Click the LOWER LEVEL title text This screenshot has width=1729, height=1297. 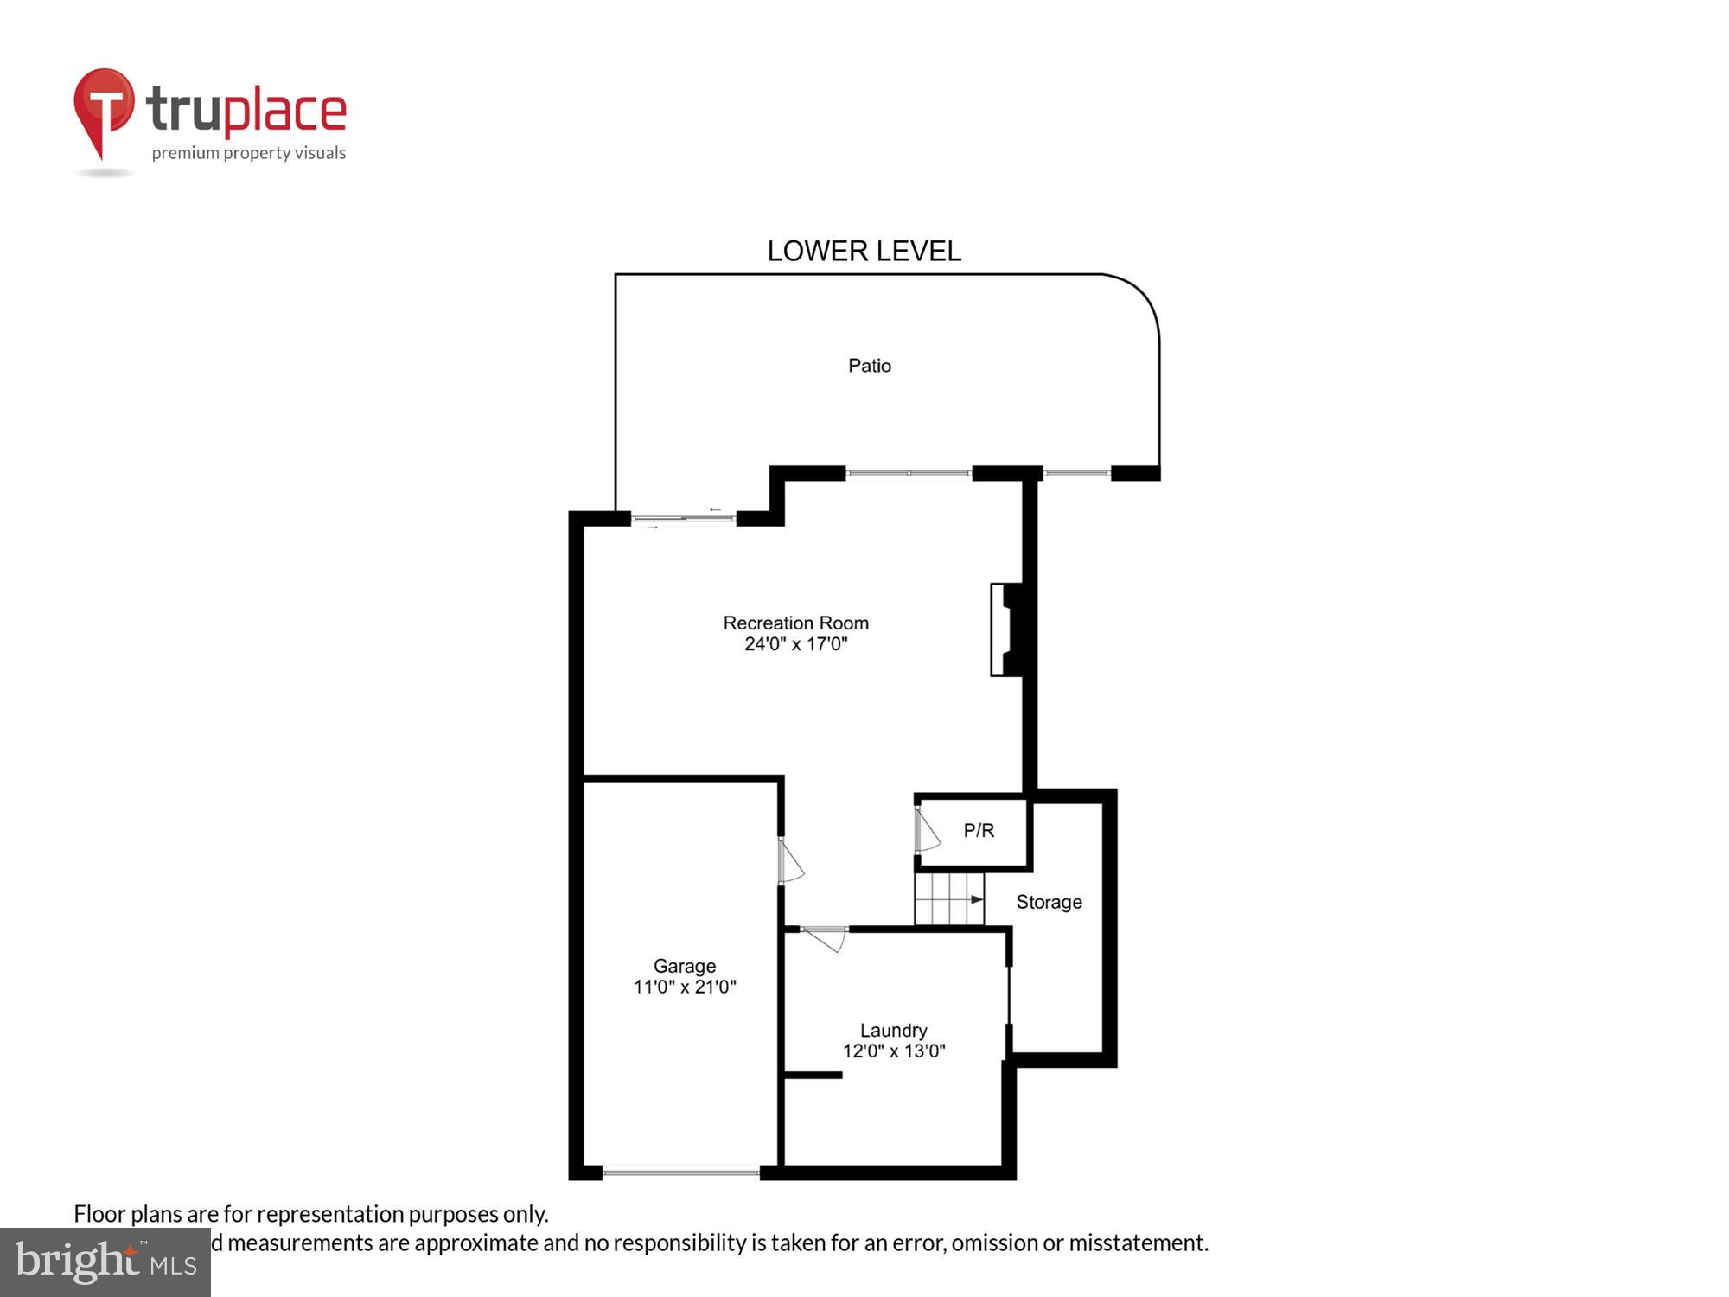[864, 252]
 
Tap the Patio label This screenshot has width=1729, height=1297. [869, 366]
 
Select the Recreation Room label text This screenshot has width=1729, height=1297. [795, 623]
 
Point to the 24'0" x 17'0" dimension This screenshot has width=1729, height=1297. [795, 644]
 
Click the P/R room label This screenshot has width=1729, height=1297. [979, 830]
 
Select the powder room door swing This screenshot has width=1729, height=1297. [926, 831]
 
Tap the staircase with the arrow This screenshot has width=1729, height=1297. [949, 899]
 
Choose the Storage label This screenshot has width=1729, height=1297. [1049, 902]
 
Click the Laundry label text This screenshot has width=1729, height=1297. [893, 1031]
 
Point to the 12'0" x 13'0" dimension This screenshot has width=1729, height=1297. [894, 1051]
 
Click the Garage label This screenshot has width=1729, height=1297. [684, 966]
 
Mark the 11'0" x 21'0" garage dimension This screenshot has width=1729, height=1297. [684, 987]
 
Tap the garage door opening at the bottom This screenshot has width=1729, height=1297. [680, 1172]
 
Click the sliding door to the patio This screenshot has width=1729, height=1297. [683, 519]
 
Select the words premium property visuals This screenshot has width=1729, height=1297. [249, 154]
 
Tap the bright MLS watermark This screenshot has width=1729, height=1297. [105, 1262]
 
